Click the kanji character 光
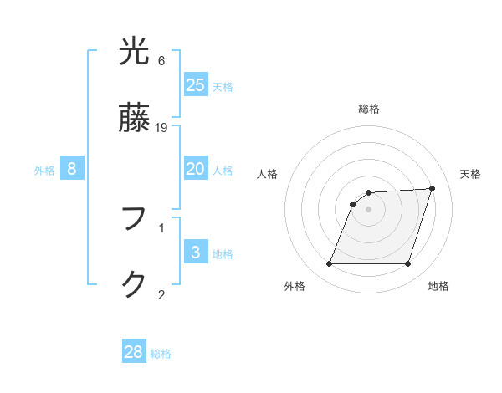pyautogui.click(x=134, y=52)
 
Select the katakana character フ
pyautogui.click(x=134, y=219)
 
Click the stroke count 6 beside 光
pyautogui.click(x=161, y=61)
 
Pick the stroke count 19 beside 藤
pyautogui.click(x=161, y=128)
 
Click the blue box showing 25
pyautogui.click(x=196, y=85)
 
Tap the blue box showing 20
pyautogui.click(x=196, y=169)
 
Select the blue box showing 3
pyautogui.click(x=196, y=253)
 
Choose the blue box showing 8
pyautogui.click(x=72, y=169)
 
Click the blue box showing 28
pyautogui.click(x=134, y=352)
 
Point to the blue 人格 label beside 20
pyautogui.click(x=223, y=171)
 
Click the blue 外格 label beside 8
pyautogui.click(x=44, y=171)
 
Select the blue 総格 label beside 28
pyautogui.click(x=161, y=354)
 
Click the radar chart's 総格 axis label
pyautogui.click(x=368, y=109)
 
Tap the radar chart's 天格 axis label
pyautogui.click(x=470, y=174)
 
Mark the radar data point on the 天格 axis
pyautogui.click(x=433, y=188)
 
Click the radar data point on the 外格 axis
pyautogui.click(x=329, y=264)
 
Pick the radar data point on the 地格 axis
pyautogui.click(x=407, y=264)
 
